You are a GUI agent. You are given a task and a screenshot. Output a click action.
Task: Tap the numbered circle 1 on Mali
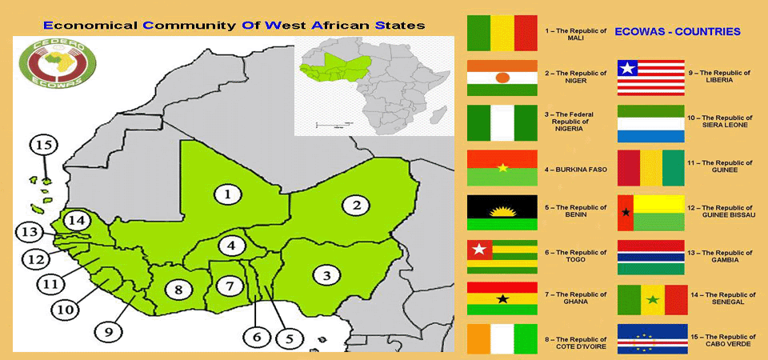[228, 194]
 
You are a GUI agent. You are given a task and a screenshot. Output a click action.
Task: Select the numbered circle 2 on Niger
[356, 205]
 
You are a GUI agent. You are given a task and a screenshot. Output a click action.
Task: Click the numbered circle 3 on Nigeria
[326, 276]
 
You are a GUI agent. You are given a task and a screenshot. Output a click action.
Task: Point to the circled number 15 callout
[44, 146]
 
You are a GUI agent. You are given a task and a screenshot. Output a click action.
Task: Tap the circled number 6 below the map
[257, 337]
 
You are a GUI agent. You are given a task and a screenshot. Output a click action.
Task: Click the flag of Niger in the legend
[502, 78]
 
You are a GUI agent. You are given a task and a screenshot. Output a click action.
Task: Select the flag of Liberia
[650, 78]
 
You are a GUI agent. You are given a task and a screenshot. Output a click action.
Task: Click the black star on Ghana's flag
[502, 299]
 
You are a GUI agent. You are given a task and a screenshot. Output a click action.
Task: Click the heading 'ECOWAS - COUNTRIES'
[677, 32]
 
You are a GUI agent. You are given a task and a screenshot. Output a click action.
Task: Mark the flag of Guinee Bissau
[651, 213]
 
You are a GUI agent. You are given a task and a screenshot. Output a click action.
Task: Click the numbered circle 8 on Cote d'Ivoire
[179, 289]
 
